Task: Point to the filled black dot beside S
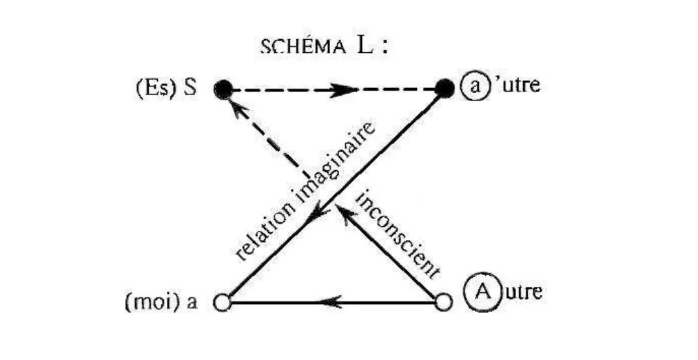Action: [x=224, y=88]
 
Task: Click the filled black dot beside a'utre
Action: [x=444, y=88]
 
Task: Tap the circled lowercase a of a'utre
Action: [x=472, y=85]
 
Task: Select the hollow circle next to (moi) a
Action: [x=224, y=303]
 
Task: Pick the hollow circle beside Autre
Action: [x=443, y=303]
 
